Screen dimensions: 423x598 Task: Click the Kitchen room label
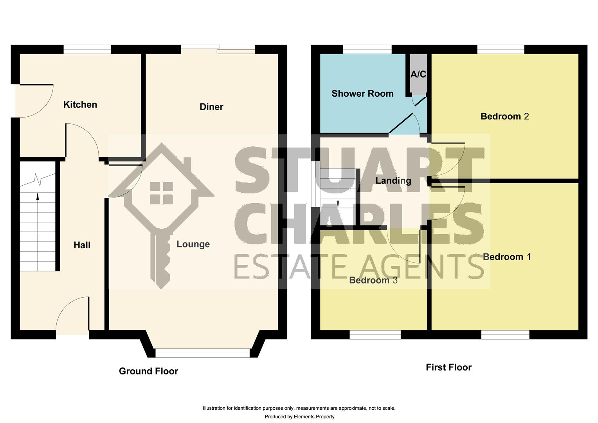tap(80, 105)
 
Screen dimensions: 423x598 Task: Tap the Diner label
tap(211, 107)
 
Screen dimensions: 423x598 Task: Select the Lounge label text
tap(193, 244)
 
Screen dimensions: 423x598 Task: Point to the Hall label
tap(82, 245)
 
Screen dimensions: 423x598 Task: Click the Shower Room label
tap(362, 94)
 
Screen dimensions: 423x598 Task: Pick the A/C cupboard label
tap(418, 74)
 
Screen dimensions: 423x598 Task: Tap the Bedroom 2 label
tap(504, 116)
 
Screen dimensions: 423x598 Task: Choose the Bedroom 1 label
tap(507, 257)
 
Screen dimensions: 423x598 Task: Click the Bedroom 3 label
tap(373, 280)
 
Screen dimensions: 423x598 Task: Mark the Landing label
tap(393, 181)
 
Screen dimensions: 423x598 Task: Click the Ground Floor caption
tap(148, 371)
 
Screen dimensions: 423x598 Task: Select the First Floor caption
tap(448, 367)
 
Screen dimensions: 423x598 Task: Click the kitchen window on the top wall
tap(87, 49)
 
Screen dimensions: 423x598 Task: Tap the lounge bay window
tap(202, 353)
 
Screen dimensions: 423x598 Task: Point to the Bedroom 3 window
tap(375, 334)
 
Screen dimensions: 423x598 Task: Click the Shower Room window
tap(367, 49)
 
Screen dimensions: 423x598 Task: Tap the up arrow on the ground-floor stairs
tap(38, 196)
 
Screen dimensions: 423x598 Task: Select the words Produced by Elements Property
tap(299, 417)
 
